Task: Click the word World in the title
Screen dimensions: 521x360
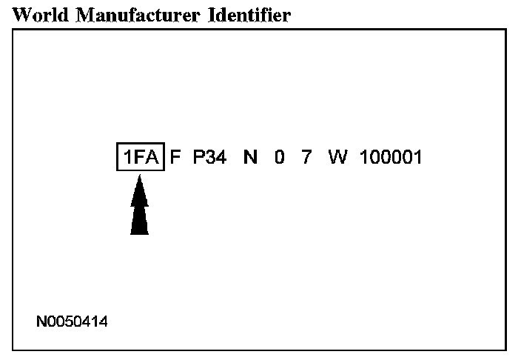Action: point(38,14)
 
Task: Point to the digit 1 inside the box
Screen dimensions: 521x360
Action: point(127,157)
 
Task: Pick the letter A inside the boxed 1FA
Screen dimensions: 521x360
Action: point(152,157)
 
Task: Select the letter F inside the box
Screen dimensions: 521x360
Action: point(139,157)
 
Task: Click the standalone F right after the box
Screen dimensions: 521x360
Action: point(176,157)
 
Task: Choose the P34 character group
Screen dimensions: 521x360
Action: point(209,157)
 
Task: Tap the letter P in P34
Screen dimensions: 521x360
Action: point(198,157)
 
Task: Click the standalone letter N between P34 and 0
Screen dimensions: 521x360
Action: point(251,157)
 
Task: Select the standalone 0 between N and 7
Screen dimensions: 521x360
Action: point(279,157)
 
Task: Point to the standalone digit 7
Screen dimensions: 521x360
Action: point(306,157)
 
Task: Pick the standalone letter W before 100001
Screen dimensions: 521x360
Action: point(337,157)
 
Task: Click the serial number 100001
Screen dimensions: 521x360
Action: point(391,157)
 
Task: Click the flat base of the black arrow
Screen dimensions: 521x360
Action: point(139,233)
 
